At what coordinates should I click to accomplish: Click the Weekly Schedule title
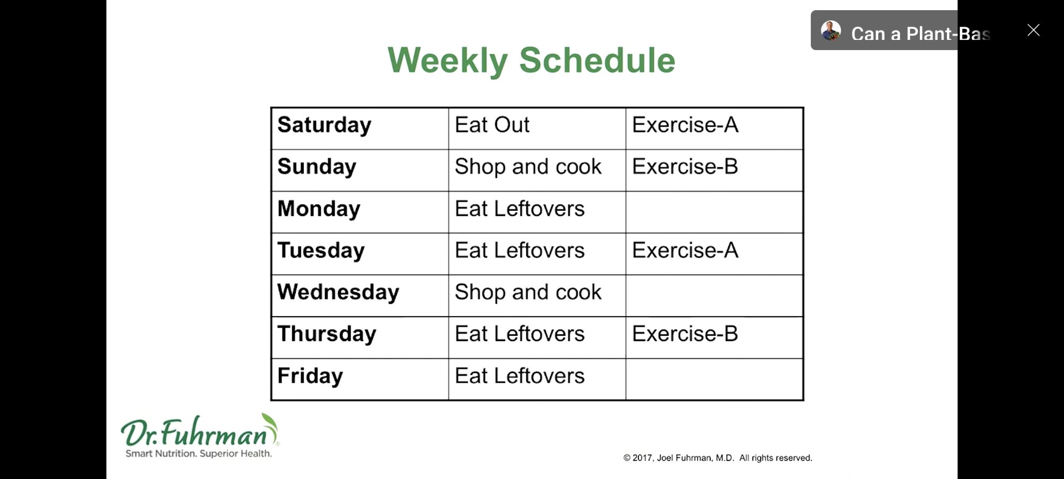click(x=531, y=61)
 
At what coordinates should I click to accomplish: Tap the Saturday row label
click(x=324, y=126)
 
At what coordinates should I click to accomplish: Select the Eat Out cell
click(x=492, y=125)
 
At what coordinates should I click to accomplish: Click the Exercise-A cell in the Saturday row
click(x=685, y=125)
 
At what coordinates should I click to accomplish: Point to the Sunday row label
click(x=317, y=167)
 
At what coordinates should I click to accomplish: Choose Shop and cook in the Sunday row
click(x=528, y=167)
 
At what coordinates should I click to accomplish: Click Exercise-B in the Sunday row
click(x=685, y=167)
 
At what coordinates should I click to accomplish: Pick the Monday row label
click(x=319, y=209)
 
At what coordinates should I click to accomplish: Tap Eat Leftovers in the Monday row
click(x=519, y=209)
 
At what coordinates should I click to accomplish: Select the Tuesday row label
click(x=321, y=251)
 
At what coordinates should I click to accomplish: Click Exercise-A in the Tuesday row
click(x=685, y=250)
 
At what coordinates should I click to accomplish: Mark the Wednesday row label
click(x=338, y=293)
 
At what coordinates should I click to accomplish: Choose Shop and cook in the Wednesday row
click(x=528, y=292)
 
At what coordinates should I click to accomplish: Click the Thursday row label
click(x=327, y=334)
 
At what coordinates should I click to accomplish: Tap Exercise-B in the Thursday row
click(x=685, y=334)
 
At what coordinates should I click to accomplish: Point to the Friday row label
click(x=310, y=376)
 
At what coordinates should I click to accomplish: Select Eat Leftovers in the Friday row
click(x=519, y=376)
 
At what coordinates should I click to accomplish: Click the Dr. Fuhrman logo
click(x=199, y=436)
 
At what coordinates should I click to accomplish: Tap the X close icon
click(x=1033, y=30)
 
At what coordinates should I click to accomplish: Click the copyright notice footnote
click(x=718, y=458)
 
